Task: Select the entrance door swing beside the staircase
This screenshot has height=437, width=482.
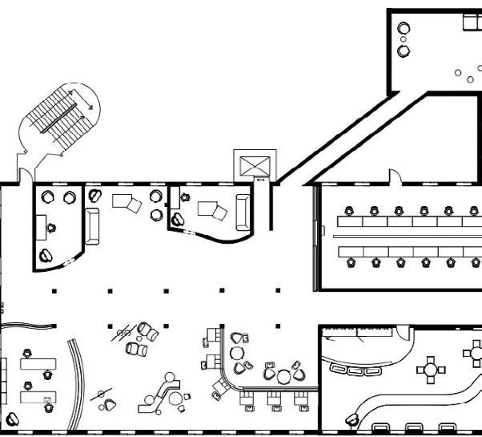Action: pyautogui.click(x=26, y=174)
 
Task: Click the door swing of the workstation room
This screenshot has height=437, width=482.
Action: pyautogui.click(x=394, y=176)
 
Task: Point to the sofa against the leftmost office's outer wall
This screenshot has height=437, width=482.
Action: pyautogui.click(x=92, y=225)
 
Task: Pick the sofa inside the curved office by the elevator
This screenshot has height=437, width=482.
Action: pyautogui.click(x=243, y=210)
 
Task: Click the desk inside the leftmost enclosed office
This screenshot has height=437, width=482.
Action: pyautogui.click(x=41, y=227)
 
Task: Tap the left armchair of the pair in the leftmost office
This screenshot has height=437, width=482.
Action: pyautogui.click(x=48, y=196)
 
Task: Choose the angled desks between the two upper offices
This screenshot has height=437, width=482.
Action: pyautogui.click(x=125, y=200)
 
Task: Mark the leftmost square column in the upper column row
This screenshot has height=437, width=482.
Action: pyautogui.click(x=54, y=290)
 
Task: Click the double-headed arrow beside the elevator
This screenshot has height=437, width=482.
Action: pyautogui.click(x=260, y=179)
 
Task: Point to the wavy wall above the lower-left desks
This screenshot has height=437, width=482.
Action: pyautogui.click(x=28, y=325)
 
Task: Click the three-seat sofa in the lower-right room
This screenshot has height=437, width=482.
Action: pyautogui.click(x=357, y=370)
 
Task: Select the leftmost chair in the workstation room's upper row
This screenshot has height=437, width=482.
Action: pyautogui.click(x=347, y=212)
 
